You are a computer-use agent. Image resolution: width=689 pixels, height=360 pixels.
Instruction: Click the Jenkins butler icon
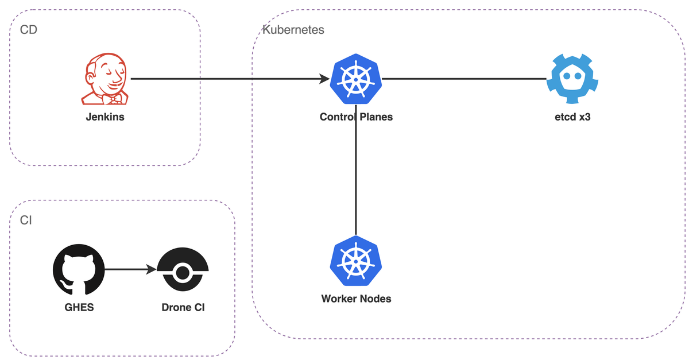pos(104,79)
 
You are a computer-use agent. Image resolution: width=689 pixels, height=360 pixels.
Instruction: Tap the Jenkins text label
pos(105,117)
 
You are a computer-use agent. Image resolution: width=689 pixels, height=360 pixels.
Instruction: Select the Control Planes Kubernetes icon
pos(356,79)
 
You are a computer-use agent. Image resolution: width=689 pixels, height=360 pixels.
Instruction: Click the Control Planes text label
pos(356,117)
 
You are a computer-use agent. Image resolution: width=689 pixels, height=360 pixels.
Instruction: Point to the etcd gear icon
pos(572,79)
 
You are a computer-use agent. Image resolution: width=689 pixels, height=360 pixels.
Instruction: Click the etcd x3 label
pos(572,117)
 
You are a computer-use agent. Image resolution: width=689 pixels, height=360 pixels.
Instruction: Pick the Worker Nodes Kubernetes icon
pos(356,261)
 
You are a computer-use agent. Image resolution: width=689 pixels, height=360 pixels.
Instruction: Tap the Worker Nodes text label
pos(356,299)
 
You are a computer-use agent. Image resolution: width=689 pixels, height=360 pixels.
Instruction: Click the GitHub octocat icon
pos(79,269)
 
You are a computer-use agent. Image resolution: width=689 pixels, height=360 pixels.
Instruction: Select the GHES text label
pos(79,307)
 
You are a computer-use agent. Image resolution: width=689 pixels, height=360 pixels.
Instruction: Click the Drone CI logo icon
pos(183,269)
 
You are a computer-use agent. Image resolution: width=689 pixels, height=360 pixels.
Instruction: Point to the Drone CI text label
pos(183,307)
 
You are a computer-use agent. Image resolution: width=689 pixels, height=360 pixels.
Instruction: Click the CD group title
pos(28,30)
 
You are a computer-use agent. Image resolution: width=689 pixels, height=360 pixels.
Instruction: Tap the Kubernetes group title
pos(293,30)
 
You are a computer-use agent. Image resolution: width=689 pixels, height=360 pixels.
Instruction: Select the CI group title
pos(25,220)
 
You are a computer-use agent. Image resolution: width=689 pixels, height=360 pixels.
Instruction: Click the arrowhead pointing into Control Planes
pos(324,79)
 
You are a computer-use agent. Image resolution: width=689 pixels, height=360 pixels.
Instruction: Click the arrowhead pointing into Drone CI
pos(151,269)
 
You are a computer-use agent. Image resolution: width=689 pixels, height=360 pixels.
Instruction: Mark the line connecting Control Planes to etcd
pos(464,79)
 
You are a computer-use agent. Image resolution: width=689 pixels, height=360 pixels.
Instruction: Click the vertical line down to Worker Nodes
pos(356,170)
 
